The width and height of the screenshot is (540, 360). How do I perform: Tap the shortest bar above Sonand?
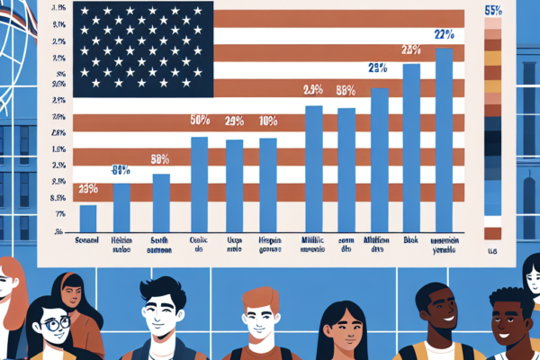click(x=88, y=219)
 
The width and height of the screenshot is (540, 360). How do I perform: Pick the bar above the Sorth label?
click(x=161, y=202)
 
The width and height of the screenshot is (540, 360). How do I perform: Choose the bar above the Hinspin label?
click(x=268, y=184)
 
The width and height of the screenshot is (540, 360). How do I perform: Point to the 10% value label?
click(x=268, y=121)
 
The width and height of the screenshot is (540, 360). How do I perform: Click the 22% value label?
click(x=443, y=35)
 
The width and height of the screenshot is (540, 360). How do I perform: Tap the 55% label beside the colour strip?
click(x=493, y=11)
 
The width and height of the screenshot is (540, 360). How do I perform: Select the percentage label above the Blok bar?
click(x=411, y=49)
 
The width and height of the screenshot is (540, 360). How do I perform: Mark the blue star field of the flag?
click(x=143, y=49)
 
